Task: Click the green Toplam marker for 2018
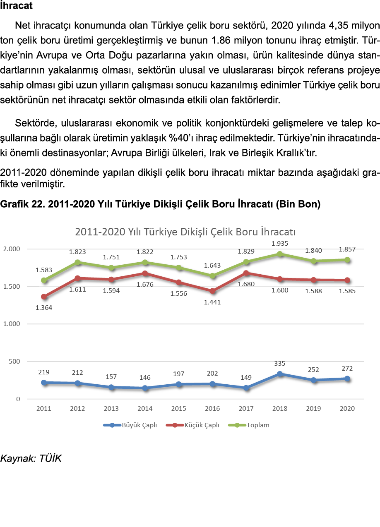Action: click(280, 254)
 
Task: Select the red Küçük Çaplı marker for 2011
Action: click(44, 297)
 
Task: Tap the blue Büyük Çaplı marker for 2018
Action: click(280, 374)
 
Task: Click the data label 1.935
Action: click(280, 244)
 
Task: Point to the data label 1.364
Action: click(44, 308)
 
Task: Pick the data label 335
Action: click(280, 364)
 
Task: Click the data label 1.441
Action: click(212, 302)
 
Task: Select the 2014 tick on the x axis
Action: click(145, 409)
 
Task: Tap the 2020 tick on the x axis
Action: click(347, 409)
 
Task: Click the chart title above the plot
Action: click(185, 232)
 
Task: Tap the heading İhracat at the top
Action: click(17, 6)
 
